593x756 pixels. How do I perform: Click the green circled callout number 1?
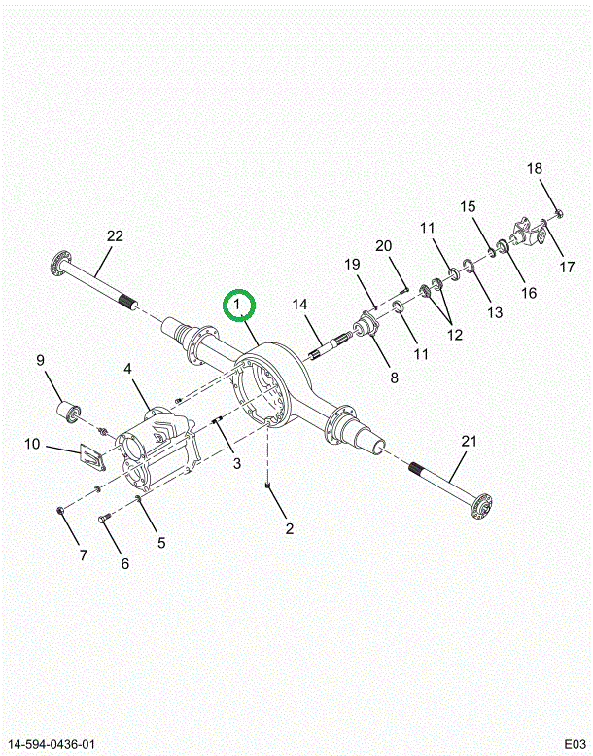click(x=239, y=306)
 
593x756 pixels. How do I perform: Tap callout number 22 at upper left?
click(x=115, y=236)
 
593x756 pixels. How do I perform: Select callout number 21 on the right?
click(x=470, y=442)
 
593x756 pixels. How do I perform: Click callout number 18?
click(x=535, y=169)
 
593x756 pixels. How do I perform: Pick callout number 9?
click(x=41, y=361)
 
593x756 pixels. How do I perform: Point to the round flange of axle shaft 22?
click(x=60, y=262)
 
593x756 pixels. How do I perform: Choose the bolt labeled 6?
click(x=104, y=521)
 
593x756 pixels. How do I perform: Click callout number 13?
click(x=495, y=312)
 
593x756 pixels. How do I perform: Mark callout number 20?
click(x=383, y=244)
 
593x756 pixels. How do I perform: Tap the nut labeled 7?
click(x=60, y=510)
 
